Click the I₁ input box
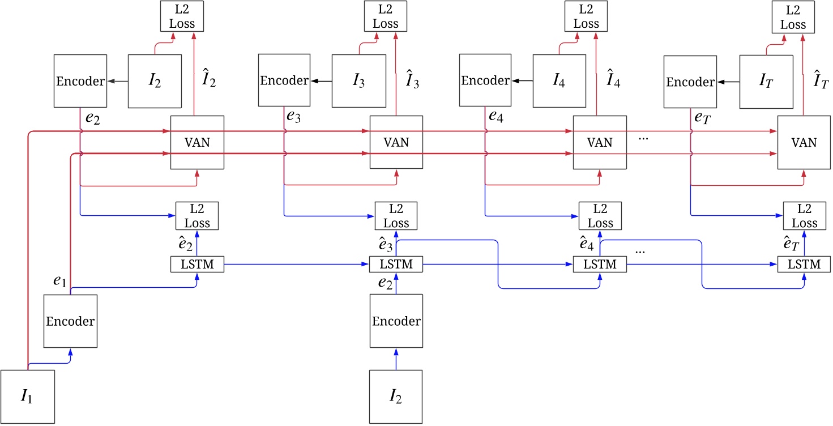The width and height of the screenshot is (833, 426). point(28,397)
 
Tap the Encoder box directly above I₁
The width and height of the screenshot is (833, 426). point(70,321)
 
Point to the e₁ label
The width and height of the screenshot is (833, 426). point(59,281)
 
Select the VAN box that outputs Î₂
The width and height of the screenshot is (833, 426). point(197,142)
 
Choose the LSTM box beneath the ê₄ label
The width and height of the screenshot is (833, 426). point(600,264)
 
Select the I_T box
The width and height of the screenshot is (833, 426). point(766,82)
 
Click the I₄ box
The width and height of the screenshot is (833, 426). point(559,81)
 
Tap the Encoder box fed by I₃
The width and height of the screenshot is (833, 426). point(284,80)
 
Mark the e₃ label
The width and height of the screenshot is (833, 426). point(294,117)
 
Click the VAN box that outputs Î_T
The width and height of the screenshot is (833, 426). point(804,142)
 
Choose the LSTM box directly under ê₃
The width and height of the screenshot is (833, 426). point(396,264)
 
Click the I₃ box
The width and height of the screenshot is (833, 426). point(358,81)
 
